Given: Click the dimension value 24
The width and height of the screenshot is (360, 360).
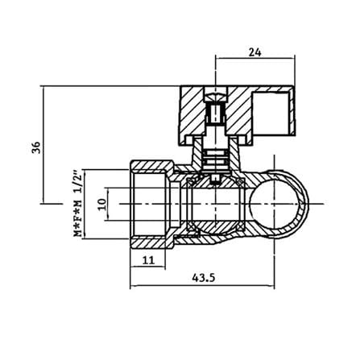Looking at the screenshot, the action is (254, 52).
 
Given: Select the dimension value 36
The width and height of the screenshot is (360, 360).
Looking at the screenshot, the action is (35, 147).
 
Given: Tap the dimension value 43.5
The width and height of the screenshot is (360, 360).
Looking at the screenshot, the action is (204, 278).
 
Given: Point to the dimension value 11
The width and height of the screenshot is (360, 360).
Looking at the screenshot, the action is (148, 260).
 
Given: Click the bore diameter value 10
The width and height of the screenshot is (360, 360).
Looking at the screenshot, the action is (101, 205).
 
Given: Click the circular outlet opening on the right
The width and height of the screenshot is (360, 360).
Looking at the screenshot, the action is (274, 205).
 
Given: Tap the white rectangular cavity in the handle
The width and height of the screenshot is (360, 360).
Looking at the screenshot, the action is (271, 113).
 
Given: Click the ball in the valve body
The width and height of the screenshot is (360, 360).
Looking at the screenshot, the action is (215, 205).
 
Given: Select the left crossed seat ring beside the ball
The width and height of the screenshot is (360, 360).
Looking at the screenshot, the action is (191, 205).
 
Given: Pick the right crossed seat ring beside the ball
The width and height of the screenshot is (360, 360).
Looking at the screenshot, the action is (240, 205).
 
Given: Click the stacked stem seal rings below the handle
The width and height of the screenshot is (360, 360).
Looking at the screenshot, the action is (216, 159).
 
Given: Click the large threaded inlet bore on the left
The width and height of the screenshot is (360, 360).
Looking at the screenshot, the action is (151, 204).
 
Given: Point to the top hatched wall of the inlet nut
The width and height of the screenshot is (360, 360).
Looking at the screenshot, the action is (152, 165).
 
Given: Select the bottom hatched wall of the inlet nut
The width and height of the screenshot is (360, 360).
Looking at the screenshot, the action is (152, 243).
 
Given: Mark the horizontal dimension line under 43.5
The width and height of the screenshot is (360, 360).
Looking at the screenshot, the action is (202, 286).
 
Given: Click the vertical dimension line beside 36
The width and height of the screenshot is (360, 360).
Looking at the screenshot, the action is (43, 145).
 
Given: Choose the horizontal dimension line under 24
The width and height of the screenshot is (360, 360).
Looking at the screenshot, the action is (255, 58).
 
